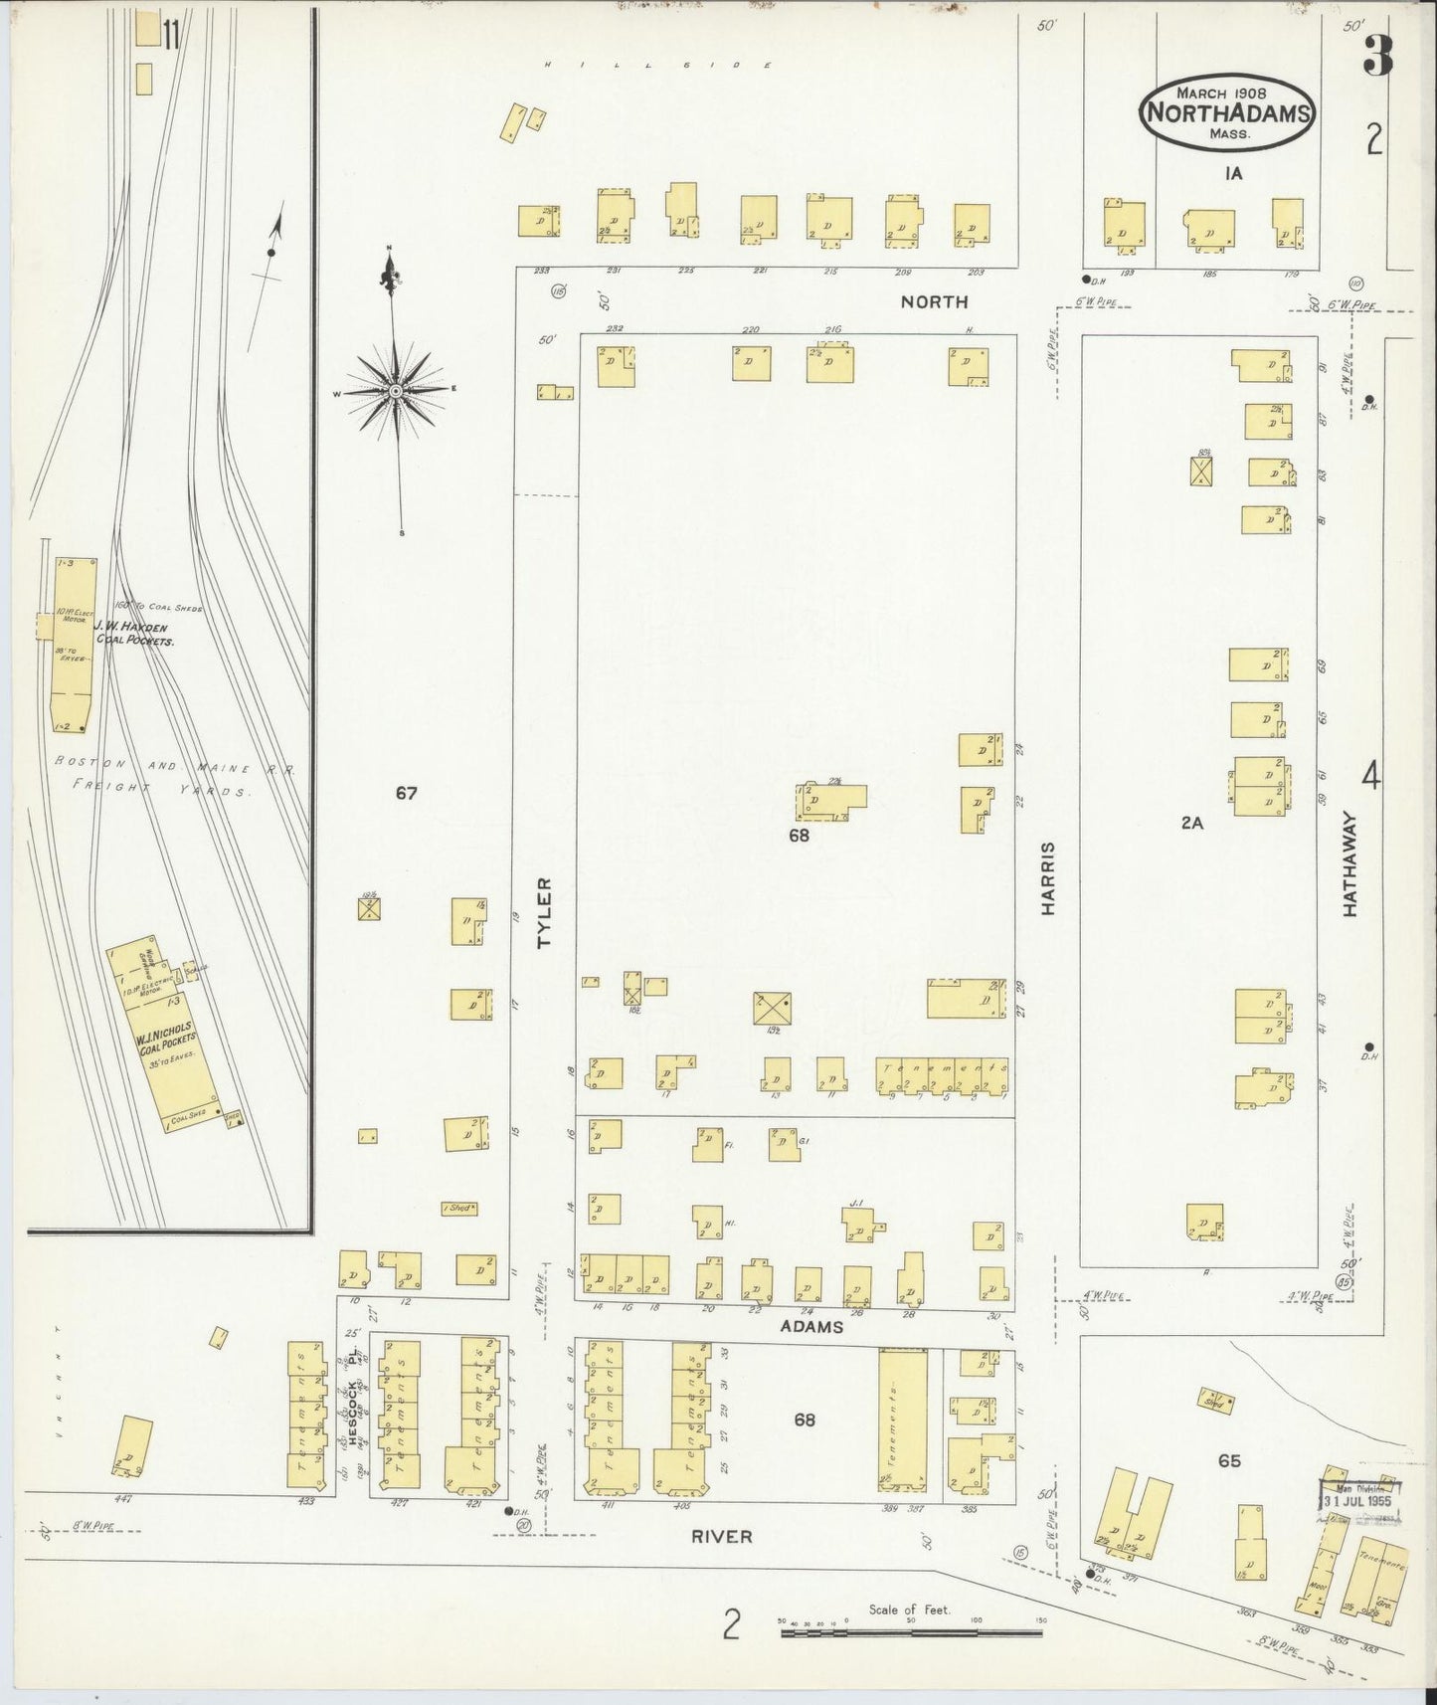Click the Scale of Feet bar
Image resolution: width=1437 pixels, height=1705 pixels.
[910, 1632]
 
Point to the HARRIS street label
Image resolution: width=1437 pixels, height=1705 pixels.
[1049, 878]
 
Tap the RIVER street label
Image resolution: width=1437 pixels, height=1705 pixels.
[722, 1536]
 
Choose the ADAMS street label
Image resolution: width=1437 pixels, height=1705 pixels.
[811, 1326]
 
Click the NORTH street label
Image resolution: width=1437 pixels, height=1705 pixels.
[934, 301]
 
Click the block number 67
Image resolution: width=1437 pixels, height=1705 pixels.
[406, 793]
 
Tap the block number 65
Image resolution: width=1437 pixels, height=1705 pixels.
[1229, 1461]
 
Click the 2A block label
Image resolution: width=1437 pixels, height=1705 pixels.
[1191, 823]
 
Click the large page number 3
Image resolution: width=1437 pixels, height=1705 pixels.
[1376, 58]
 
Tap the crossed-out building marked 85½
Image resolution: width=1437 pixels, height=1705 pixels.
[1201, 470]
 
